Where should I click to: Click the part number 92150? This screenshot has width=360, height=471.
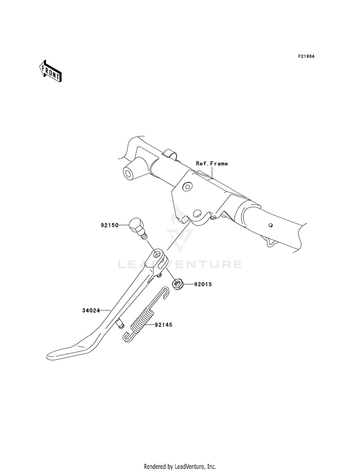(x=109, y=225)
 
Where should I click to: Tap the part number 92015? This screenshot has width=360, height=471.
(x=203, y=284)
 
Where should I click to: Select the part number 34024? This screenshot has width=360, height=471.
(x=91, y=311)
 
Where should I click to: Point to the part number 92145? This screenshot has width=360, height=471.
(x=164, y=325)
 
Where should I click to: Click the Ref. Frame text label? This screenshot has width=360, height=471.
(x=212, y=163)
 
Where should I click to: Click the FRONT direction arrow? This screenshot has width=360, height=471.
(x=50, y=71)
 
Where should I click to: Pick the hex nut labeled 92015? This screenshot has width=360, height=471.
(x=177, y=284)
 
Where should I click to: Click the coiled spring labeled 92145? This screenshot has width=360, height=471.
(x=143, y=320)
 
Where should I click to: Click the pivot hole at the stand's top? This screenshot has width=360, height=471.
(x=156, y=255)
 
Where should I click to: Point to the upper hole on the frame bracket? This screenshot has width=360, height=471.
(x=187, y=187)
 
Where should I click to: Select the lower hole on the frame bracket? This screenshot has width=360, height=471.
(x=197, y=213)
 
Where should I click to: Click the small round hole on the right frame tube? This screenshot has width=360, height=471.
(x=271, y=225)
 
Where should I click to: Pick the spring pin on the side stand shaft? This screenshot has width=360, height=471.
(x=119, y=323)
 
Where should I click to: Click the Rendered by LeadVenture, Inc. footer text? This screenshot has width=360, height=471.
(x=180, y=467)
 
